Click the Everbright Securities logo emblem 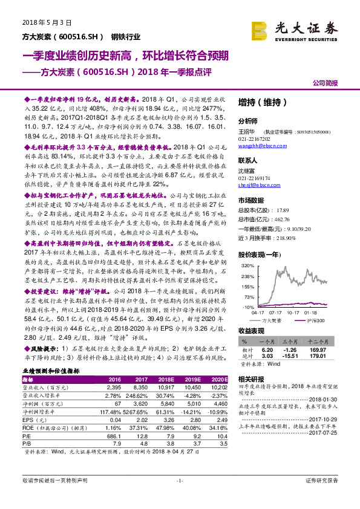(259, 29)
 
